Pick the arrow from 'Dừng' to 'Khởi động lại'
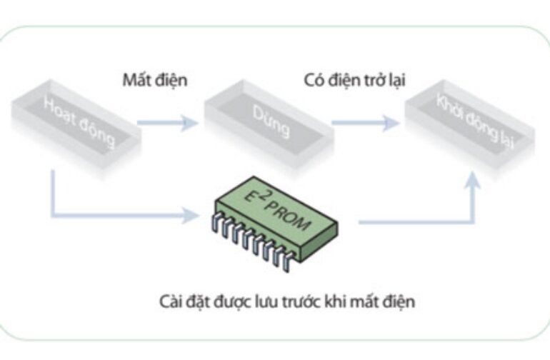[365, 123]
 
